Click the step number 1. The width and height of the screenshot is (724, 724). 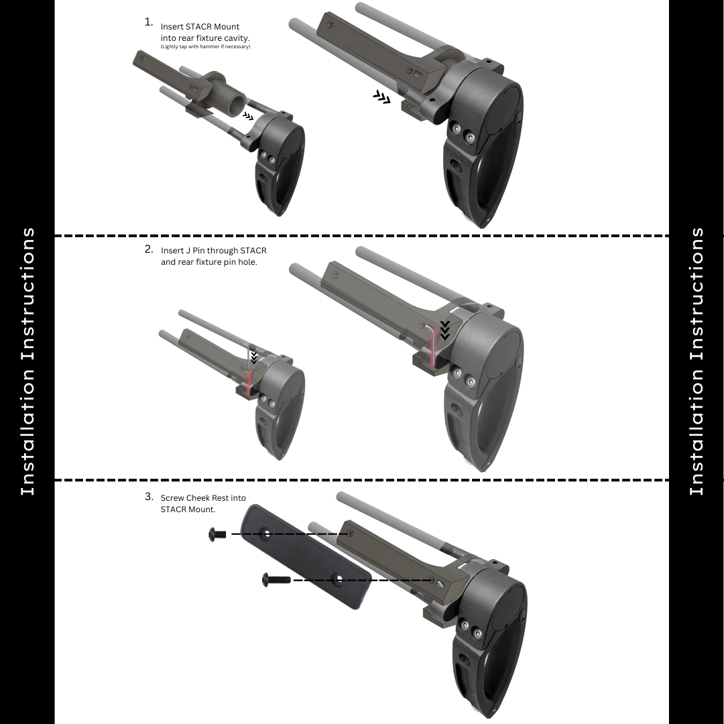pyautogui.click(x=148, y=22)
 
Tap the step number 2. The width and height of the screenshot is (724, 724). pyautogui.click(x=148, y=249)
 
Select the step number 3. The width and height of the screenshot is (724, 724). pyautogui.click(x=148, y=497)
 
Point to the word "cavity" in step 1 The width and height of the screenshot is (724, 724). pyautogui.click(x=237, y=38)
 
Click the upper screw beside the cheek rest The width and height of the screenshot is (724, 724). pyautogui.click(x=217, y=534)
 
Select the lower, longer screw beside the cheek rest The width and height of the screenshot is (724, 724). pyautogui.click(x=276, y=579)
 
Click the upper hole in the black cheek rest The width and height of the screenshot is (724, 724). pyautogui.click(x=266, y=534)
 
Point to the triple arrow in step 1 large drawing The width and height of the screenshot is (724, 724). pyautogui.click(x=382, y=97)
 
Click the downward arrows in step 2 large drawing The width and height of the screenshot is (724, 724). pyautogui.click(x=444, y=330)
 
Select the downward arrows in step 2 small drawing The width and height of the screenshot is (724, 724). pyautogui.click(x=253, y=357)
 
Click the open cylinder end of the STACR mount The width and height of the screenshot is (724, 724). pyautogui.click(x=238, y=105)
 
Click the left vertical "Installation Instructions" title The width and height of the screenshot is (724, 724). pyautogui.click(x=28, y=361)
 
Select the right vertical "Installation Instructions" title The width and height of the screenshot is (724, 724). pyautogui.click(x=697, y=361)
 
